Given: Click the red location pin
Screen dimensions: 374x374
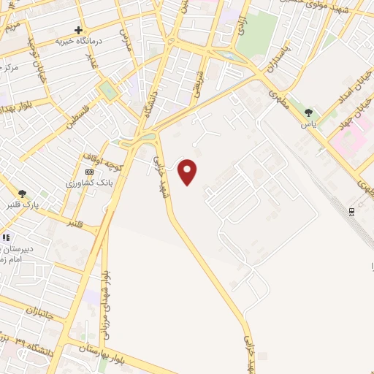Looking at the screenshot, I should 188,171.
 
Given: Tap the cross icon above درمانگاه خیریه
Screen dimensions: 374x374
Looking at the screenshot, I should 78,30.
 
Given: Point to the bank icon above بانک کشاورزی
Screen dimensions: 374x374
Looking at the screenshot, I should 89,171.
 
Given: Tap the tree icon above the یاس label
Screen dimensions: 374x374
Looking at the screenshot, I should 310,112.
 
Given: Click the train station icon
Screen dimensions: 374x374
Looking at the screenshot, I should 352,212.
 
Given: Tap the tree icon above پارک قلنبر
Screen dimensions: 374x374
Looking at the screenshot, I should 23,194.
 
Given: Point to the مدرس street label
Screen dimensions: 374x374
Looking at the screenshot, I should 125,31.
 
